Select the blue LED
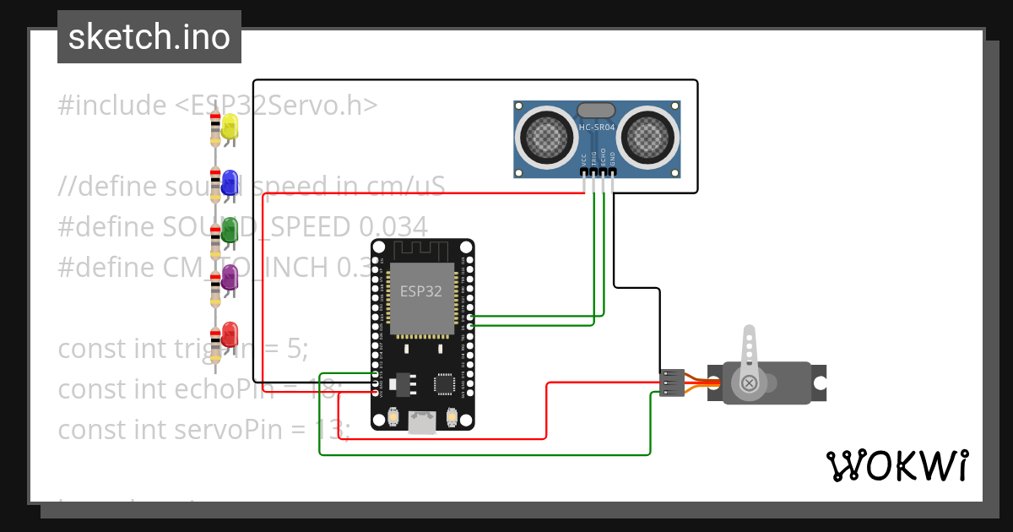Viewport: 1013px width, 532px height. pyautogui.click(x=229, y=181)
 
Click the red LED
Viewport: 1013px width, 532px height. pyautogui.click(x=229, y=334)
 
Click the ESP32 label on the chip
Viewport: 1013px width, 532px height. pyautogui.click(x=420, y=292)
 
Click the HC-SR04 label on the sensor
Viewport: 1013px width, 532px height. pyautogui.click(x=596, y=128)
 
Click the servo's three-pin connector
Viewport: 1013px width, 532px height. pyautogui.click(x=672, y=383)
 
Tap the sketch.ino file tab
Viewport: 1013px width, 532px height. pyautogui.click(x=149, y=37)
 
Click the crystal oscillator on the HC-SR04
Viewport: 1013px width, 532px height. pyautogui.click(x=596, y=110)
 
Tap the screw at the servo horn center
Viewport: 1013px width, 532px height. pyautogui.click(x=749, y=384)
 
